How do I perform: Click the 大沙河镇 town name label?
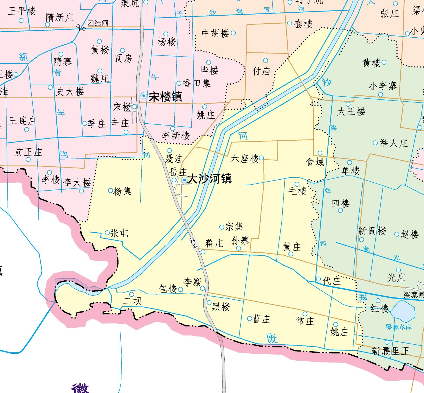click(x=210, y=179)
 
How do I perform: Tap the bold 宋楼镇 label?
click(x=165, y=97)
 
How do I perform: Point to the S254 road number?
click(x=194, y=243)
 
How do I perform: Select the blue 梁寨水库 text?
click(x=398, y=327)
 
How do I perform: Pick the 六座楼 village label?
click(x=244, y=158)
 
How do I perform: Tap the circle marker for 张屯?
click(x=107, y=233)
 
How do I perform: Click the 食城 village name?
click(x=315, y=162)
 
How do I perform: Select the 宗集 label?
click(x=234, y=227)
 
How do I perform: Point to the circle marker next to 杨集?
click(x=110, y=191)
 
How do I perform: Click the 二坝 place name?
click(x=132, y=300)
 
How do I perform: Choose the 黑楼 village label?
click(x=221, y=307)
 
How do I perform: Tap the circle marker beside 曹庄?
click(x=249, y=319)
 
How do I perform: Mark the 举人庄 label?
click(x=393, y=143)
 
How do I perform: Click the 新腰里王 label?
click(x=390, y=351)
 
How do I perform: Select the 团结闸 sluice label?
click(x=98, y=23)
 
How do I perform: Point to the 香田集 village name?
click(x=197, y=83)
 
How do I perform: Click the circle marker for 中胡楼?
click(x=233, y=33)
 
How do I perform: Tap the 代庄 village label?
click(x=332, y=281)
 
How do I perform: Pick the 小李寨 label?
click(x=382, y=86)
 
